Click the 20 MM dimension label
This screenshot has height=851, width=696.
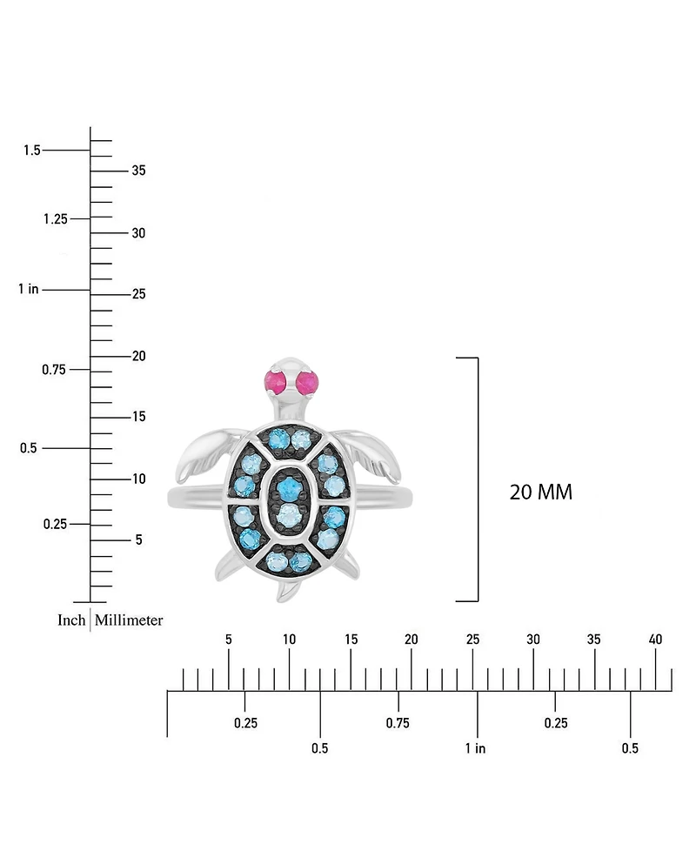point(540,492)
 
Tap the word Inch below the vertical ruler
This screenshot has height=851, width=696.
point(71,620)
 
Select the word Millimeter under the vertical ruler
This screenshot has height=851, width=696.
point(129,620)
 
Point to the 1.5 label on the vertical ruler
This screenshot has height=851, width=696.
point(32,151)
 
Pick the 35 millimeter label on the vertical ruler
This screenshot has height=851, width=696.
point(138,171)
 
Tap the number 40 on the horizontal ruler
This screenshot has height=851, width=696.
point(656,640)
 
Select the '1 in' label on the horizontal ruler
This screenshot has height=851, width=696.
point(475,748)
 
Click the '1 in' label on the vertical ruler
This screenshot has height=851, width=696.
point(28,289)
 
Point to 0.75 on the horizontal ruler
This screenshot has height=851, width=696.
point(398,723)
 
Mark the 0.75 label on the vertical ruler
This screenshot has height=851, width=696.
point(55,370)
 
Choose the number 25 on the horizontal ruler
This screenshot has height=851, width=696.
point(472,640)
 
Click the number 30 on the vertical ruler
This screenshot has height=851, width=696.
point(138,233)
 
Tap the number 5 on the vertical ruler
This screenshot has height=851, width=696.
point(137,540)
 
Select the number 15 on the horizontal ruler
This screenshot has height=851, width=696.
point(351,640)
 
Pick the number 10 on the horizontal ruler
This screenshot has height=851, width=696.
point(290,640)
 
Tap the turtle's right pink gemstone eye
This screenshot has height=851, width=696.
point(309,381)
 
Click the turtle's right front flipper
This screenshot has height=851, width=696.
point(371,452)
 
